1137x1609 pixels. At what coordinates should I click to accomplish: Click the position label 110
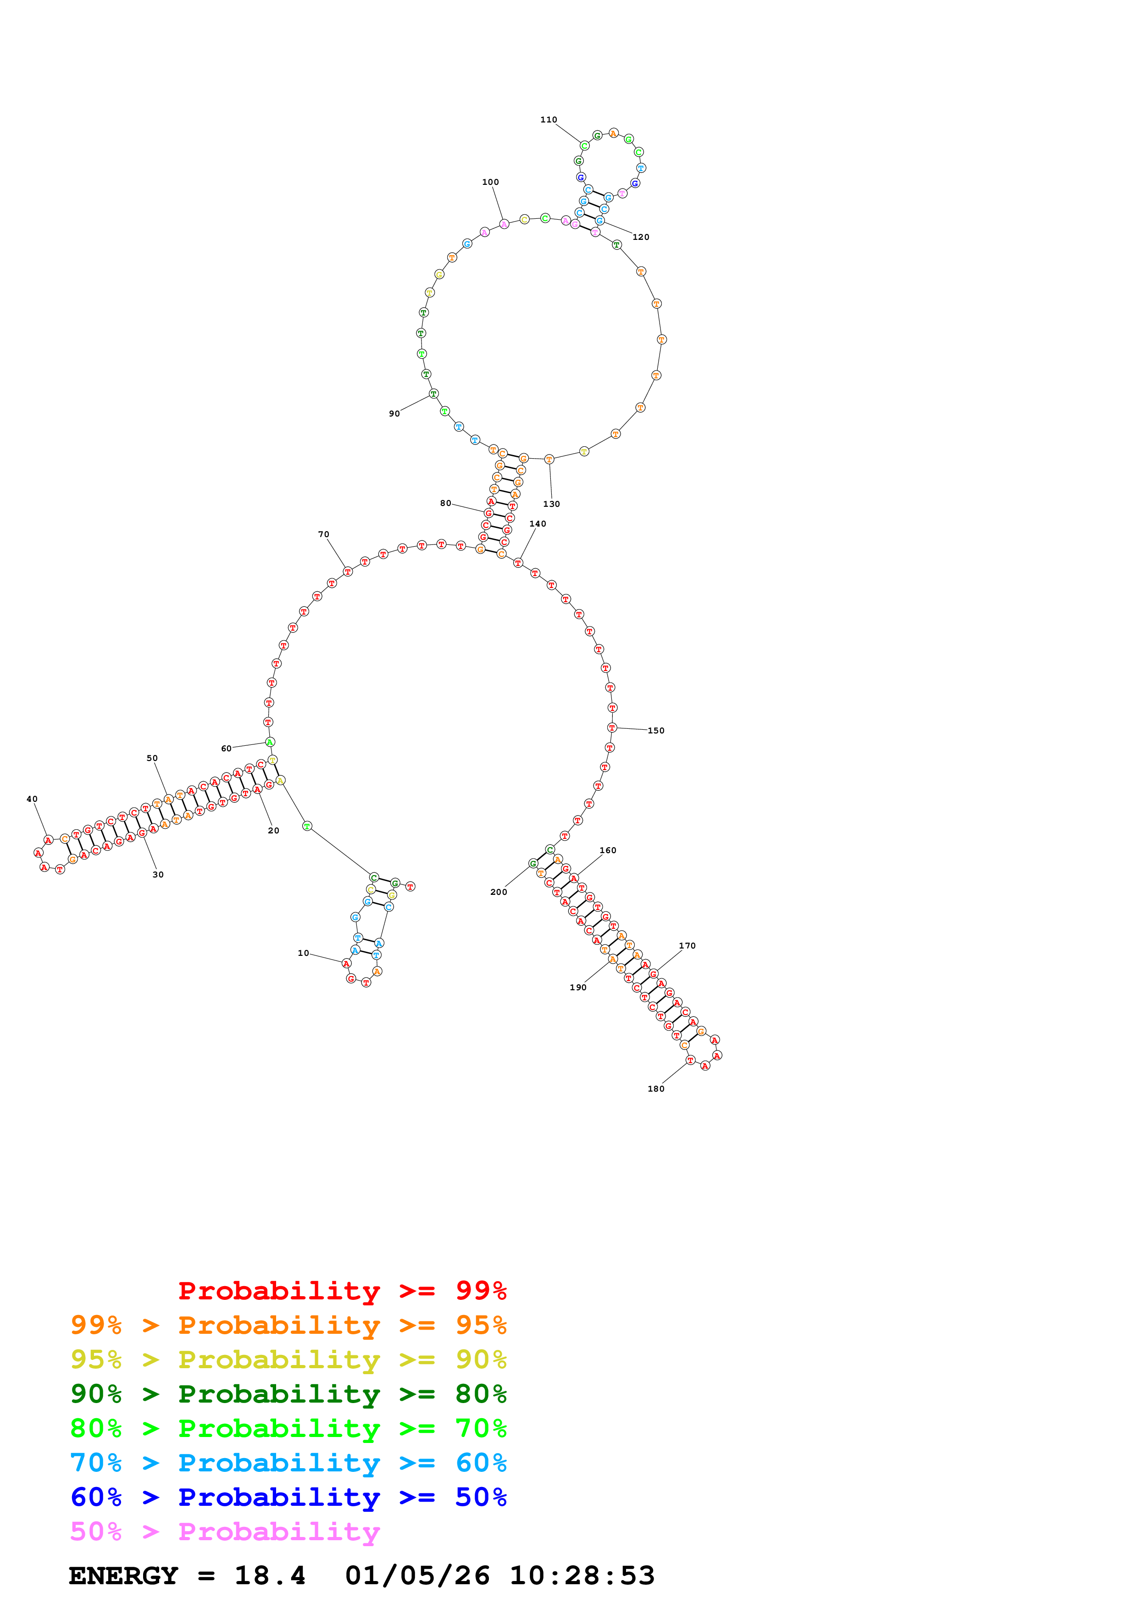coord(549,120)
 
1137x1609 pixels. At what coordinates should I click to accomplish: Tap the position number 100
coord(490,182)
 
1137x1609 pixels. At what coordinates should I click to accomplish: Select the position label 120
coord(641,237)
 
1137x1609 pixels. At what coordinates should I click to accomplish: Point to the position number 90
coord(394,413)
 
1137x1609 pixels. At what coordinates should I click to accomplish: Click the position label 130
coord(551,504)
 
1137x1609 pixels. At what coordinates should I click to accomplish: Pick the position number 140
coord(538,523)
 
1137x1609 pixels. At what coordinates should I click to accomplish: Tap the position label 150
coord(656,730)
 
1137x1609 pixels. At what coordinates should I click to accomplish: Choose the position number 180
coord(656,1088)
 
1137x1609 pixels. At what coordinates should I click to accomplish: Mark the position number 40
coord(32,799)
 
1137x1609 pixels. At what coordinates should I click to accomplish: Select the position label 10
coord(303,953)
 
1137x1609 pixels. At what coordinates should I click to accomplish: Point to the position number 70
coord(324,534)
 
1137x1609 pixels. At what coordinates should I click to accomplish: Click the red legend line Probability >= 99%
coord(342,1291)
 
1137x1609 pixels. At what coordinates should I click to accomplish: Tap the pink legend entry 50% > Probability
coord(225,1532)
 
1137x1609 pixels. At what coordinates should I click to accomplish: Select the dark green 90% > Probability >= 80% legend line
coord(288,1394)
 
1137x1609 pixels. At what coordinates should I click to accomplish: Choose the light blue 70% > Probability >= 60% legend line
coord(288,1463)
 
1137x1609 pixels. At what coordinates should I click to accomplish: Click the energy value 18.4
coord(270,1576)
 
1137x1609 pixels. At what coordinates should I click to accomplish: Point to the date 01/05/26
coord(417,1576)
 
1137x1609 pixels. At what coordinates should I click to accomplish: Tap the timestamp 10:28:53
coord(582,1576)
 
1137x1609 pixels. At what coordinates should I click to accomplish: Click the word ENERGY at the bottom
coord(123,1576)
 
